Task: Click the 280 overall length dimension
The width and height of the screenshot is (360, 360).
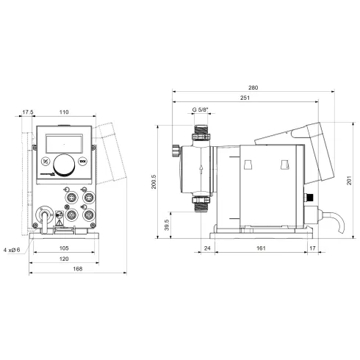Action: click(x=254, y=87)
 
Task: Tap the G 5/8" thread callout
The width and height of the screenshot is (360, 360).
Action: click(x=200, y=109)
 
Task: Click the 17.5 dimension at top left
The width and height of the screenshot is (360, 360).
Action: click(x=28, y=112)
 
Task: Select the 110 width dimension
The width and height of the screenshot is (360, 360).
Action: click(x=63, y=112)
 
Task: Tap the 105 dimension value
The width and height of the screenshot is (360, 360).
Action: click(x=63, y=248)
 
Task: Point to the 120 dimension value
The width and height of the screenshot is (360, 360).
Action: click(x=63, y=259)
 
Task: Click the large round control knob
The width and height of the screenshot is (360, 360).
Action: click(x=63, y=165)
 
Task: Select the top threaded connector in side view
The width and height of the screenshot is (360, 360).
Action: click(x=199, y=134)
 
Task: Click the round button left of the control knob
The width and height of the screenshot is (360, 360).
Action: click(x=46, y=163)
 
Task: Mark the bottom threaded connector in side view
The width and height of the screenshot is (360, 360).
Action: click(x=199, y=204)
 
